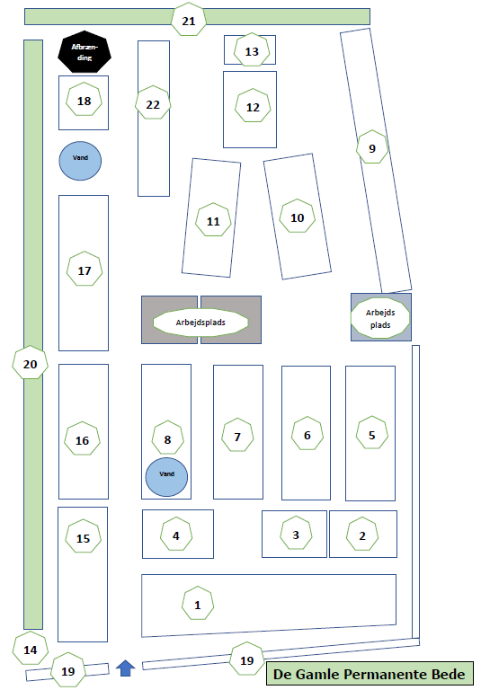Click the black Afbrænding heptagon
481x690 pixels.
tap(85, 52)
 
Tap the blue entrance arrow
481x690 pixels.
tap(126, 668)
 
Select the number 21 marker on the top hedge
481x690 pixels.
tap(189, 21)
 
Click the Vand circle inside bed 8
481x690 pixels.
tap(166, 477)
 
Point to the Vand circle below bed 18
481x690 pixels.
tap(80, 161)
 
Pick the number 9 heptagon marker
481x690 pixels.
tap(372, 147)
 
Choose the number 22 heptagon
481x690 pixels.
tap(153, 103)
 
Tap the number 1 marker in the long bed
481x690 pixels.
tap(198, 604)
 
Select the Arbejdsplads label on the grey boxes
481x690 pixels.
tap(200, 323)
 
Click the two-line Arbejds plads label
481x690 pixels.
tap(380, 318)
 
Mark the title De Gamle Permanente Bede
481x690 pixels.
tap(370, 674)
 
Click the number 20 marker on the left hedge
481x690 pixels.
tap(30, 363)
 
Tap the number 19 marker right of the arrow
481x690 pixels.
tap(246, 659)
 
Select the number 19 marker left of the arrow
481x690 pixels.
tap(67, 670)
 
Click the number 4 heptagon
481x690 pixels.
tap(175, 535)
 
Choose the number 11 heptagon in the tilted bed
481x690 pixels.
tap(213, 220)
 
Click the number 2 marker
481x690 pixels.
tap(362, 535)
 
